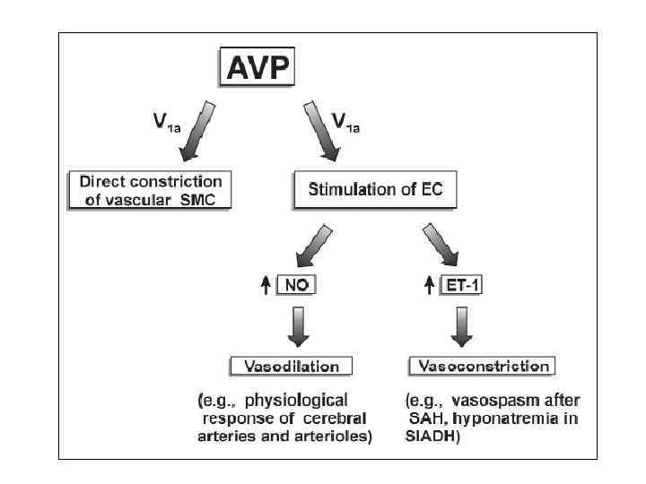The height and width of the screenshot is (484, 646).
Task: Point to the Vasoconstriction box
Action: tap(482, 366)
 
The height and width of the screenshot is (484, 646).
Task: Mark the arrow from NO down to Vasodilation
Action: tap(300, 328)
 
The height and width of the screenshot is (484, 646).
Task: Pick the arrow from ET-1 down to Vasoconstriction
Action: tap(461, 328)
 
